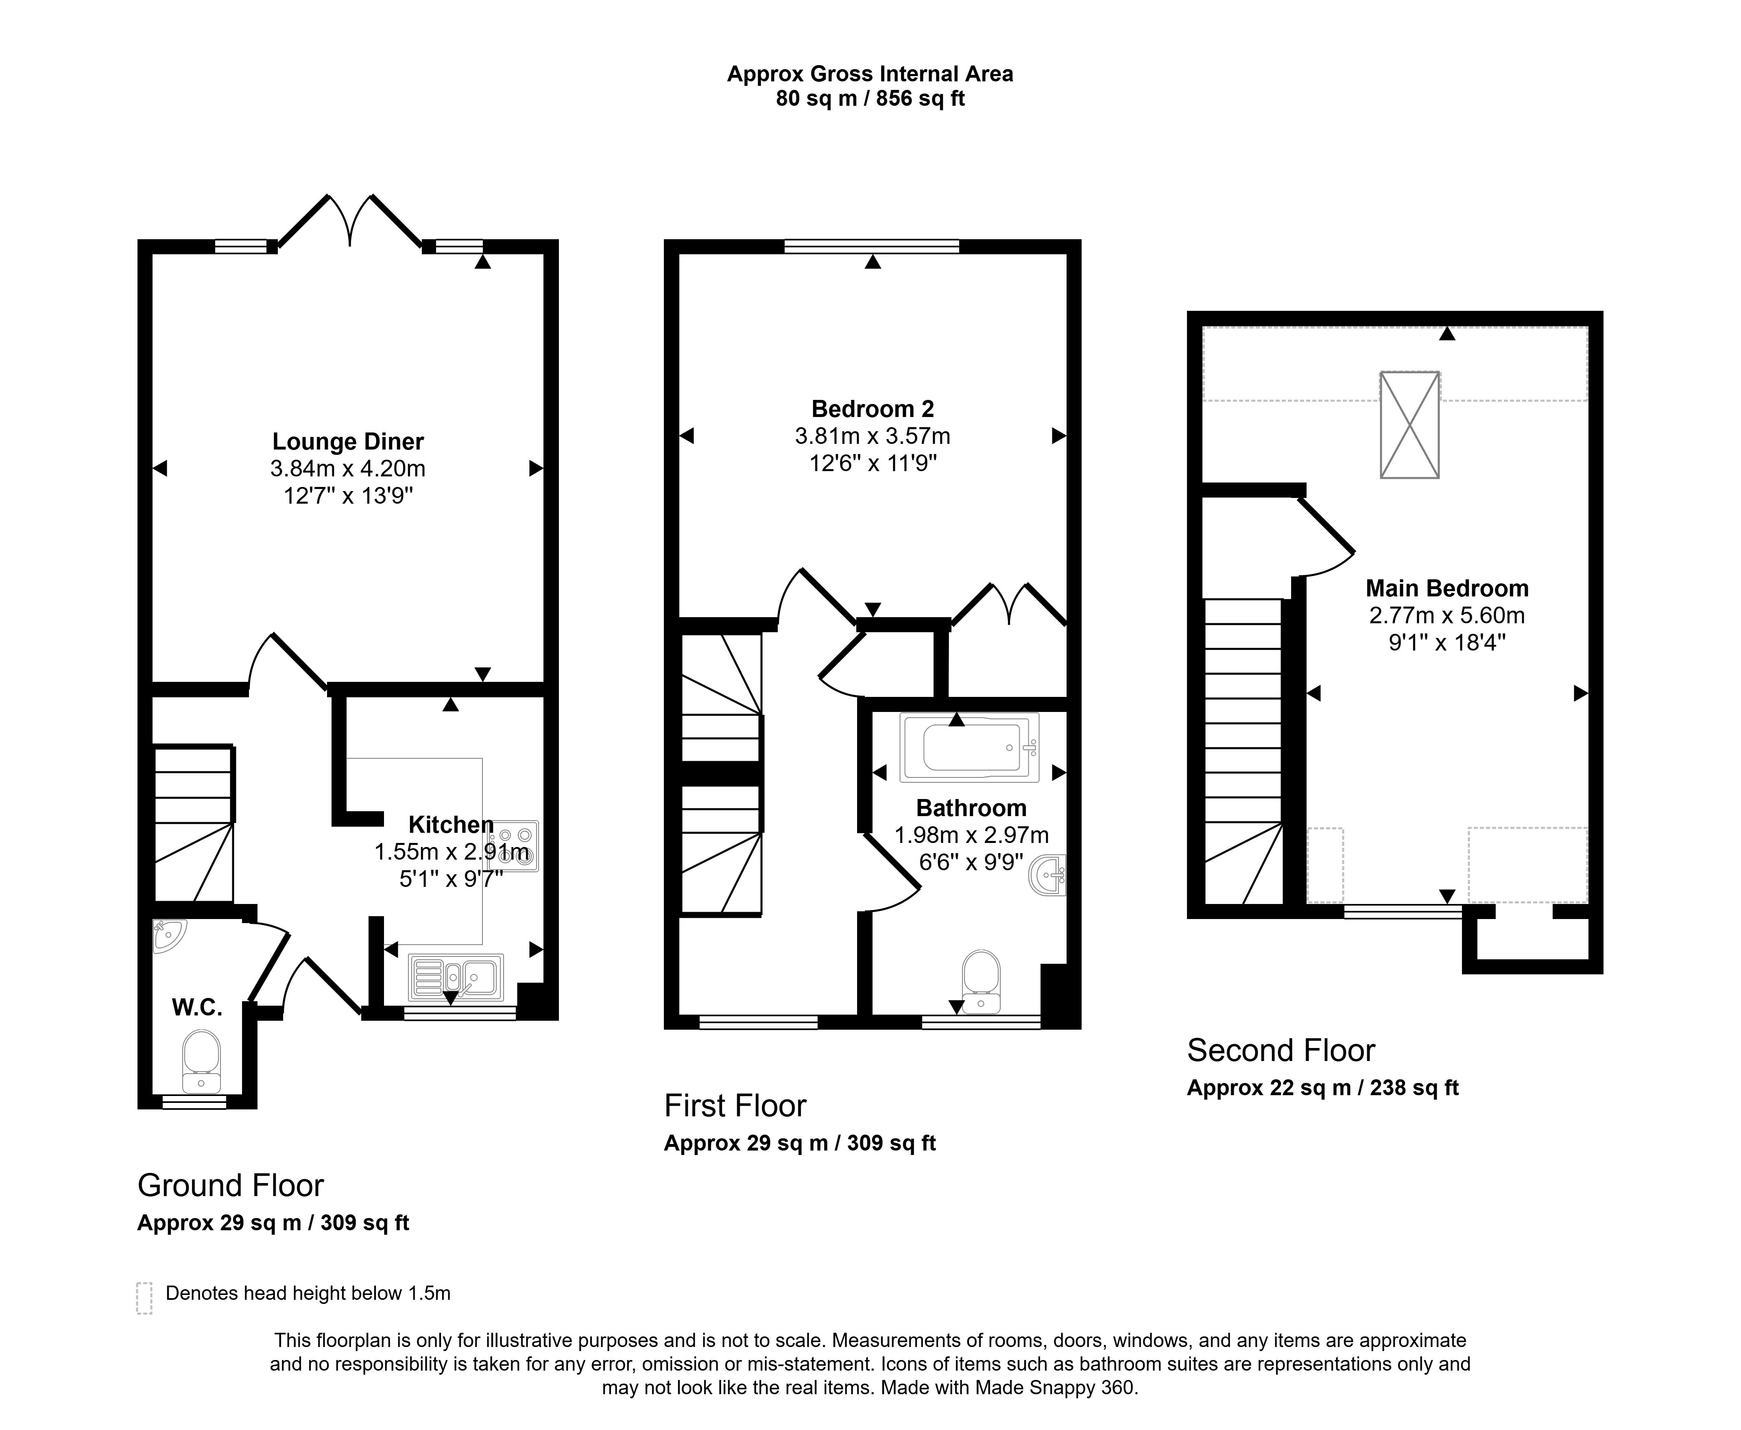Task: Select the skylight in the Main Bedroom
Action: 1409,425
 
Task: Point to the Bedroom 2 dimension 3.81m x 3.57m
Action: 872,436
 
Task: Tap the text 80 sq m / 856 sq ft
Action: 870,99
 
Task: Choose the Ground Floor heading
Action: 231,1185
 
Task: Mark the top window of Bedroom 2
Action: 872,245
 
